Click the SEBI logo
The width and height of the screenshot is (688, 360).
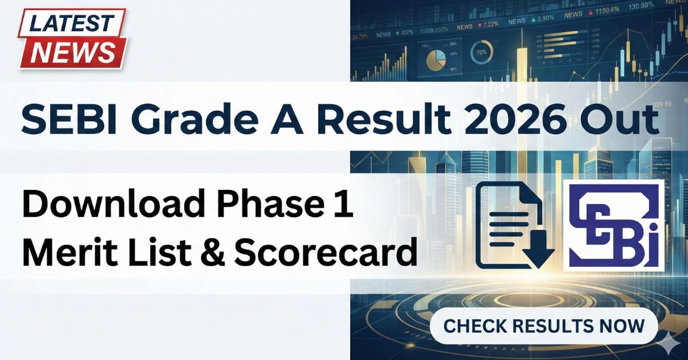(613, 225)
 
